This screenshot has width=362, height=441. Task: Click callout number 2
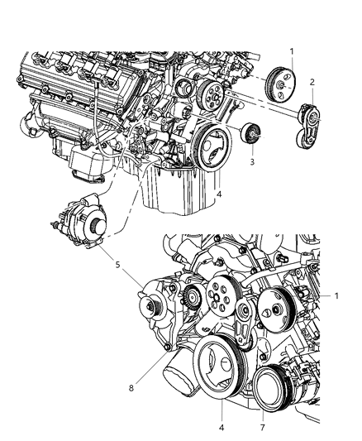point(312,82)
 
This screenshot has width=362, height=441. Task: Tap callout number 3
point(252,161)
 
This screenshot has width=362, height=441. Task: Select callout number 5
point(117,265)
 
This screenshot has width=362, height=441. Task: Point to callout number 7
point(263,427)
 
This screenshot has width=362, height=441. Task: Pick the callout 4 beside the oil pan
point(219,194)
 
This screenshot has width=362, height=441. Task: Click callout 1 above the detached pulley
point(292,51)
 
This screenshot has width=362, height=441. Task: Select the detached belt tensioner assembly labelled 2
point(307,126)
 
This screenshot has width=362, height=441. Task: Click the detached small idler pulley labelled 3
point(251,133)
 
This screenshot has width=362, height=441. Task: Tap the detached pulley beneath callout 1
point(280,84)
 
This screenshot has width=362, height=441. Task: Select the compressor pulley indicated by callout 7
point(270,389)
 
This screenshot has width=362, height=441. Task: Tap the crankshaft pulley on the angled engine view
point(212,146)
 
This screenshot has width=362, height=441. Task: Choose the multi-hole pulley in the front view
point(221,299)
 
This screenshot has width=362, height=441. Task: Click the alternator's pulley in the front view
point(152,305)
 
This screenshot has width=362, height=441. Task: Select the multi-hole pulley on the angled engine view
point(212,95)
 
